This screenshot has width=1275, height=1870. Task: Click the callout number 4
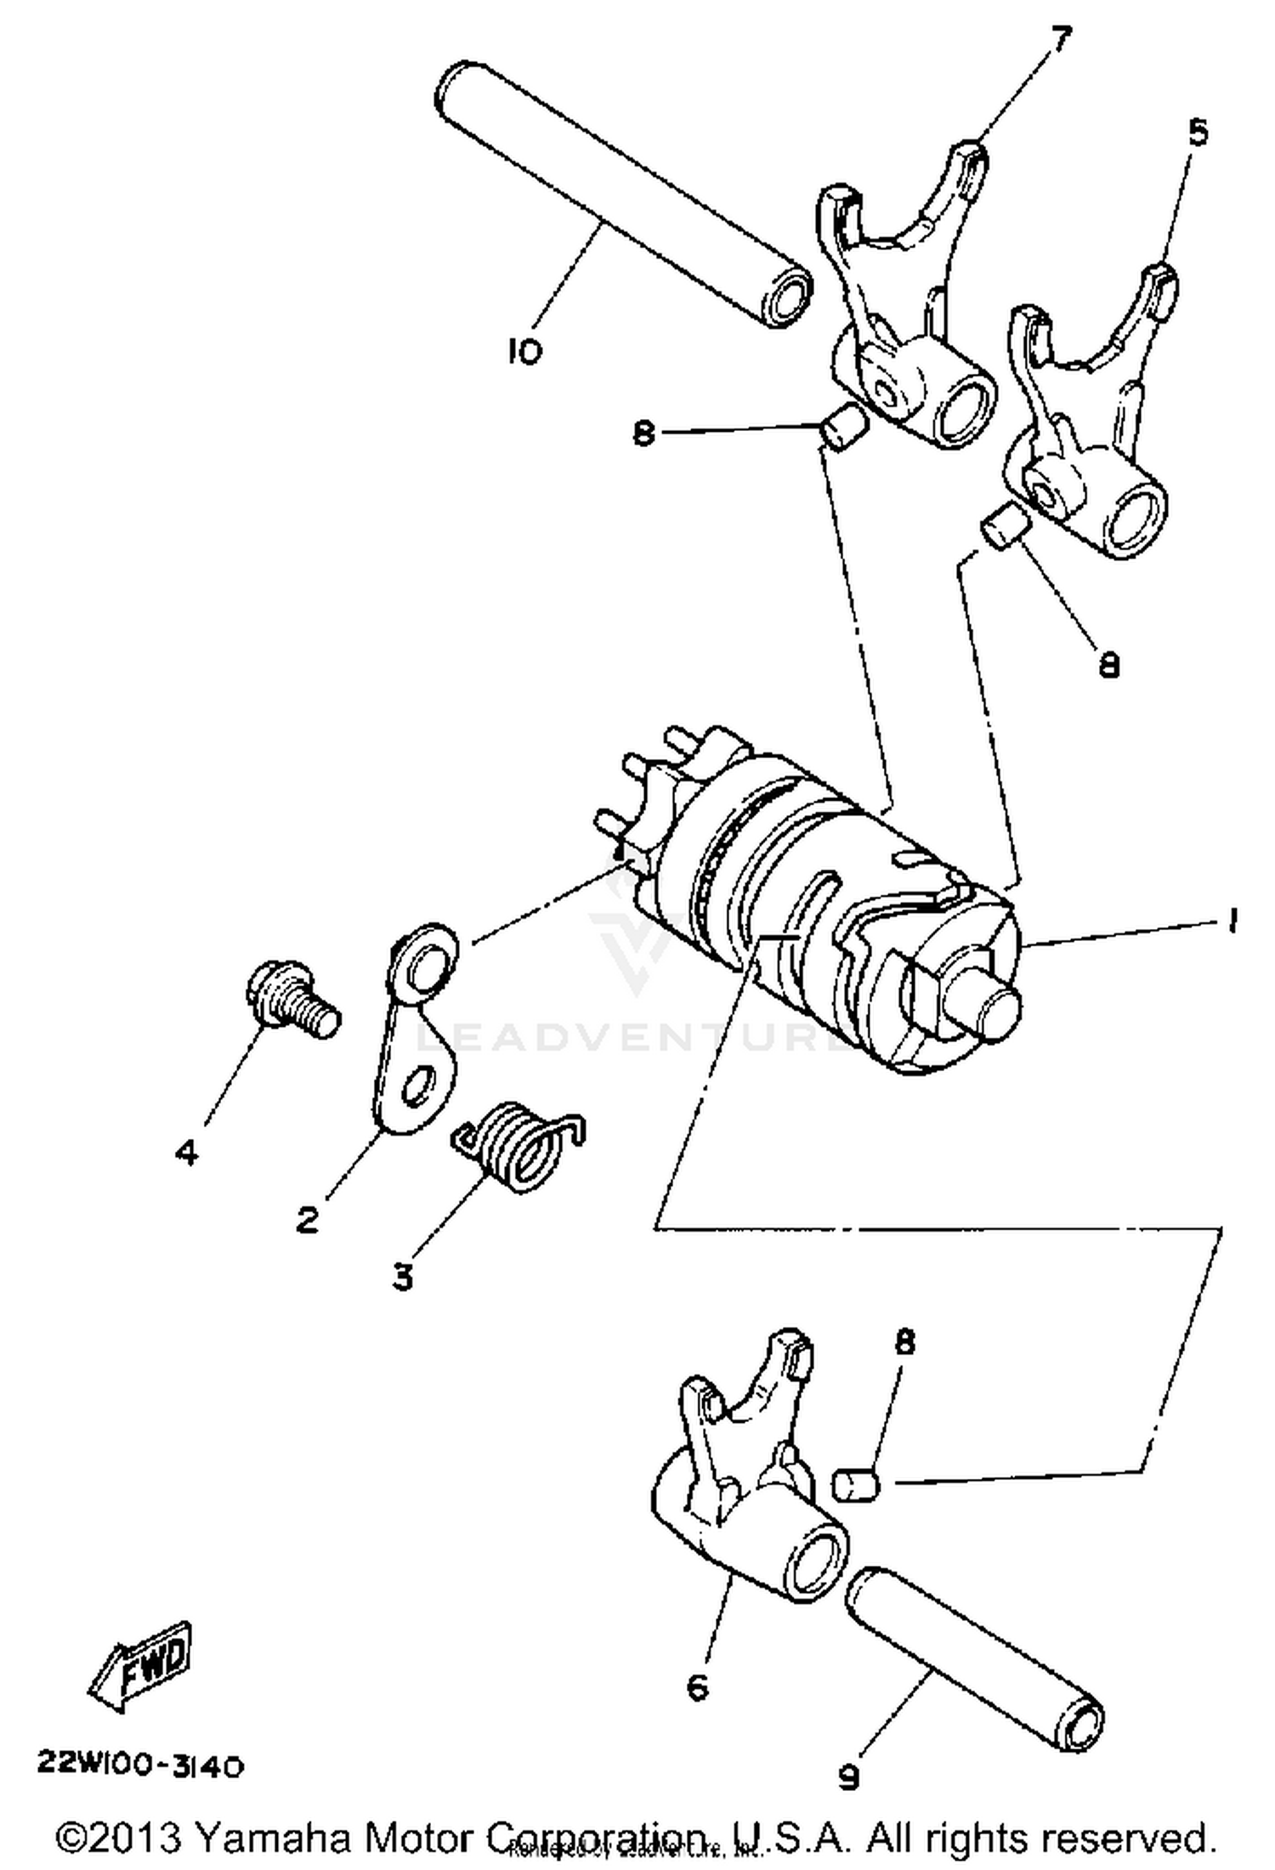[187, 1153]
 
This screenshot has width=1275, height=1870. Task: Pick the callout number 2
[308, 1220]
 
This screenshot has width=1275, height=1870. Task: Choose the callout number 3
[402, 1275]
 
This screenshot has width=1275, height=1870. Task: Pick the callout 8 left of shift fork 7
[644, 434]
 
